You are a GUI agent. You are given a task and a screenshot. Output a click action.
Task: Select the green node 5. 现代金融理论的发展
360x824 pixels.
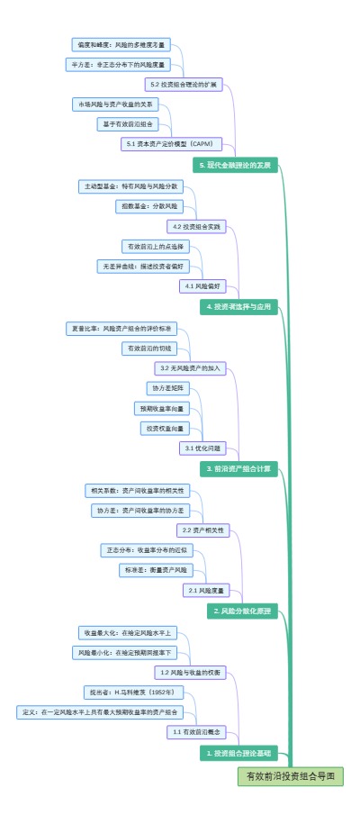tap(233, 165)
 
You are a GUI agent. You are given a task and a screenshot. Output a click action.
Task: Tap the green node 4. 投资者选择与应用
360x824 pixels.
tap(237, 307)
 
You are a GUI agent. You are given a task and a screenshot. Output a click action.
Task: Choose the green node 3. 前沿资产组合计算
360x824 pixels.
tap(237, 468)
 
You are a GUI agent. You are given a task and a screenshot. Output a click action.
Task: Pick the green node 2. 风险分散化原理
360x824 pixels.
tap(241, 611)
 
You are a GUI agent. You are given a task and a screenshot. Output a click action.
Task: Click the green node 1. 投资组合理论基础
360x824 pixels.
tap(237, 752)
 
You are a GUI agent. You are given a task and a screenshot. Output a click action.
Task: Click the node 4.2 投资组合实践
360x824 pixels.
tap(196, 226)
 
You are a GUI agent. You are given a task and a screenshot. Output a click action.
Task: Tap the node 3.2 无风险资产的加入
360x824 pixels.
tap(190, 367)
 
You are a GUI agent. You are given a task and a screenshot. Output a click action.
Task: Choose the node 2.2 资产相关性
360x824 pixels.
tap(202, 530)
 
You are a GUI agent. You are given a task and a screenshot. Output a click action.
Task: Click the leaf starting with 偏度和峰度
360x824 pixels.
tap(121, 43)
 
